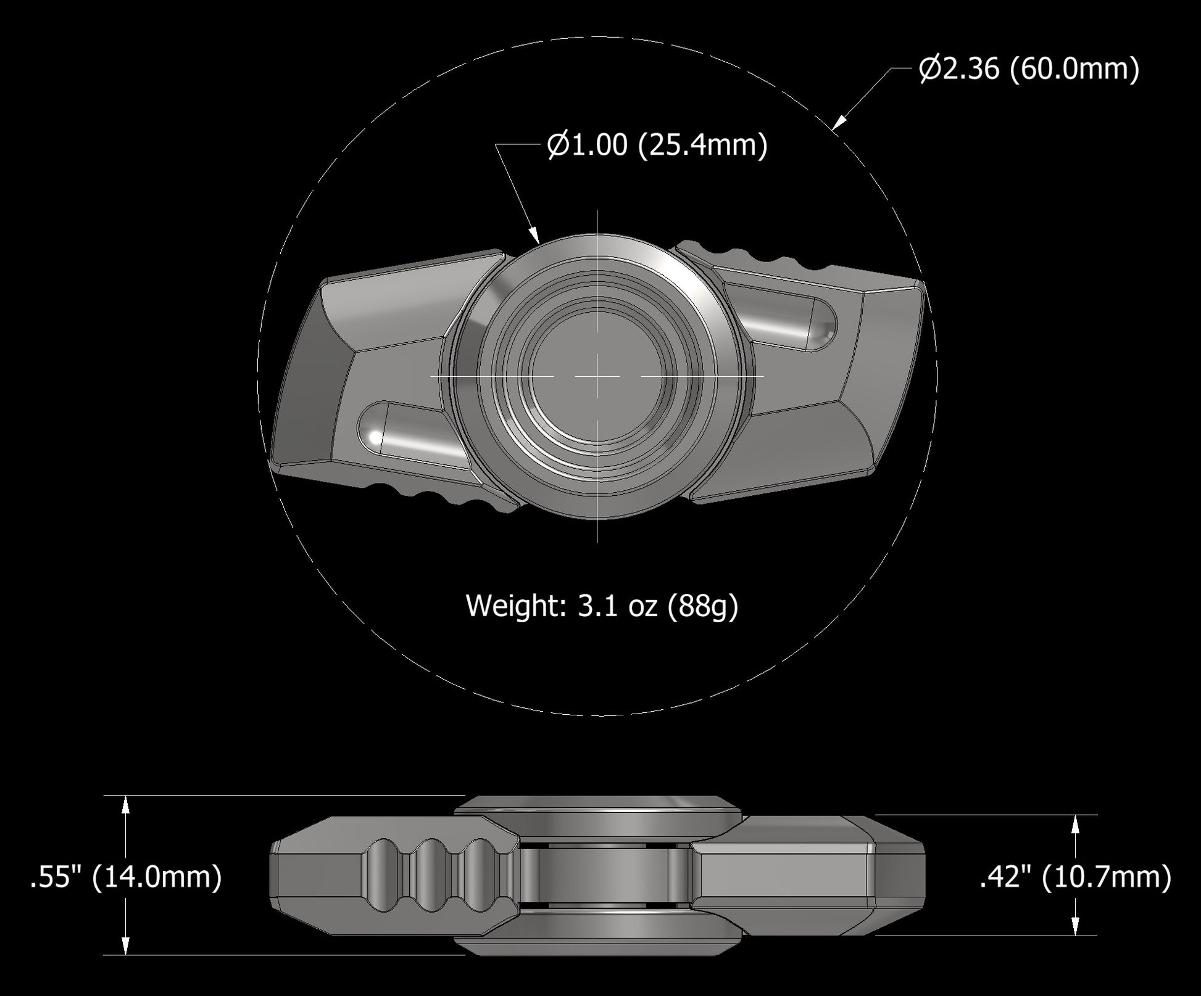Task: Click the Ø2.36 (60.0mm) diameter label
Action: [x=1028, y=68]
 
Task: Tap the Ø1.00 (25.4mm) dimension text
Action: [x=657, y=146]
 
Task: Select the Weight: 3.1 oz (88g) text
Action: [x=602, y=606]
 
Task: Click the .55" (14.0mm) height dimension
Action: [x=126, y=876]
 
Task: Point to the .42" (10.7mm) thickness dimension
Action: [x=1076, y=876]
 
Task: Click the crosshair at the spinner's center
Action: [x=597, y=376]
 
